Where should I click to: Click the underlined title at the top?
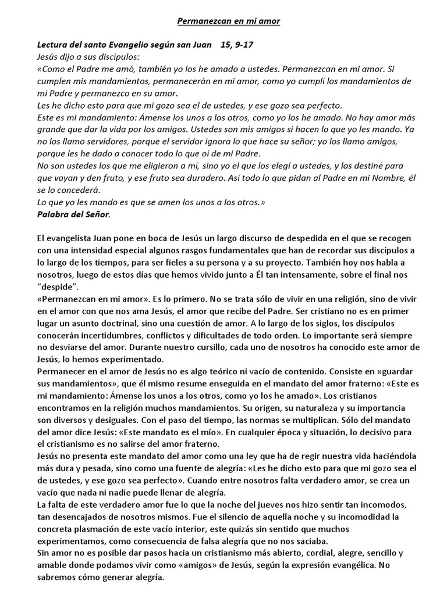point(228,21)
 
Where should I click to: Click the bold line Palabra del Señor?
point(73,214)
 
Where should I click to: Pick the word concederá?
point(77,190)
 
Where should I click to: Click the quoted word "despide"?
point(58,287)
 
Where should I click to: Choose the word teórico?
point(239,372)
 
